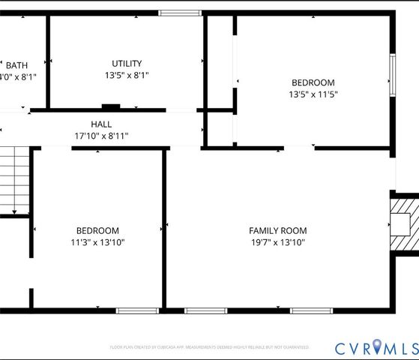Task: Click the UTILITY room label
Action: tap(126, 64)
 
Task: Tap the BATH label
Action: tap(16, 65)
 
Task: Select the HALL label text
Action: tap(101, 124)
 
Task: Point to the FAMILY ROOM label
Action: tap(278, 231)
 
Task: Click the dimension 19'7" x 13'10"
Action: tap(278, 242)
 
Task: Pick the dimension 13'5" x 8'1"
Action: tap(126, 76)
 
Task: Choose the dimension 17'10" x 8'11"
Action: tap(101, 136)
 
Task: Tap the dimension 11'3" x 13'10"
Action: tap(97, 242)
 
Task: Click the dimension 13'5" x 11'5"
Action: tap(313, 94)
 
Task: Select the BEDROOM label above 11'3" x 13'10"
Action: tap(97, 231)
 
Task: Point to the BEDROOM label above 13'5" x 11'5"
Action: tap(313, 82)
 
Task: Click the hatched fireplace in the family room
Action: tap(406, 225)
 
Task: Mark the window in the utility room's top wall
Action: tap(180, 13)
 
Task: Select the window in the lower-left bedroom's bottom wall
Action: tap(136, 310)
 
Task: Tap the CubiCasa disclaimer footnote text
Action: tap(209, 347)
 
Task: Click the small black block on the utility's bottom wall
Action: tap(111, 107)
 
